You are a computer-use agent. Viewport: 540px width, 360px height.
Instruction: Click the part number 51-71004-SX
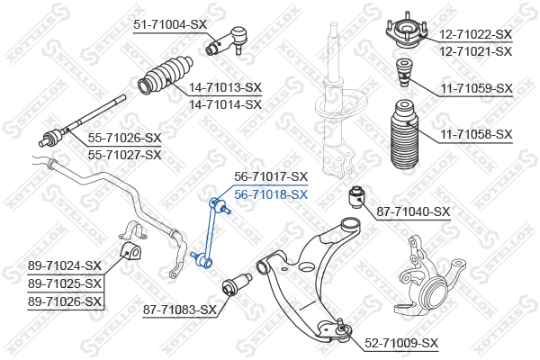coord(170,24)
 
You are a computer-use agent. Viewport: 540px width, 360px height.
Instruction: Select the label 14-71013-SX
coord(225,87)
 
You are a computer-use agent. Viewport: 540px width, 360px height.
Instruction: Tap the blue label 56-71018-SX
coord(271,194)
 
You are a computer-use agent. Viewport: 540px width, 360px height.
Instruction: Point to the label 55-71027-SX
coord(125,155)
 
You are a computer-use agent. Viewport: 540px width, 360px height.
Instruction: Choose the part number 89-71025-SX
coord(65,283)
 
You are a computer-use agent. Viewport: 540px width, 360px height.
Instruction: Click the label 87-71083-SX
coord(180,310)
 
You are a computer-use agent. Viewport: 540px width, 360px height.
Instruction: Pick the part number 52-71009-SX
coord(401,343)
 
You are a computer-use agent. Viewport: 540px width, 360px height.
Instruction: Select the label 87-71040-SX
coord(413,211)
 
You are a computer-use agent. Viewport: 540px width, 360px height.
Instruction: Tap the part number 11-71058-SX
coord(477,134)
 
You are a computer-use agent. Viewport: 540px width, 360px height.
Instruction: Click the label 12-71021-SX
coord(475,51)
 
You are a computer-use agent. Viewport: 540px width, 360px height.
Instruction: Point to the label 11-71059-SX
coord(477,88)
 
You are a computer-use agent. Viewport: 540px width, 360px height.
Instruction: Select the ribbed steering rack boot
coord(166,74)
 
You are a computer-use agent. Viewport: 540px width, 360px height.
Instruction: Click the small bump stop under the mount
coord(403,73)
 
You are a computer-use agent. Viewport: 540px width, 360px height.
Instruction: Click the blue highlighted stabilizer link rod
coord(211,232)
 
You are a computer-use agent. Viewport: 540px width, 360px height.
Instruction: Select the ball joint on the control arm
coord(341,330)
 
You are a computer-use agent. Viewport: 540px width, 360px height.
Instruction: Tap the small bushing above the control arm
coord(356,198)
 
